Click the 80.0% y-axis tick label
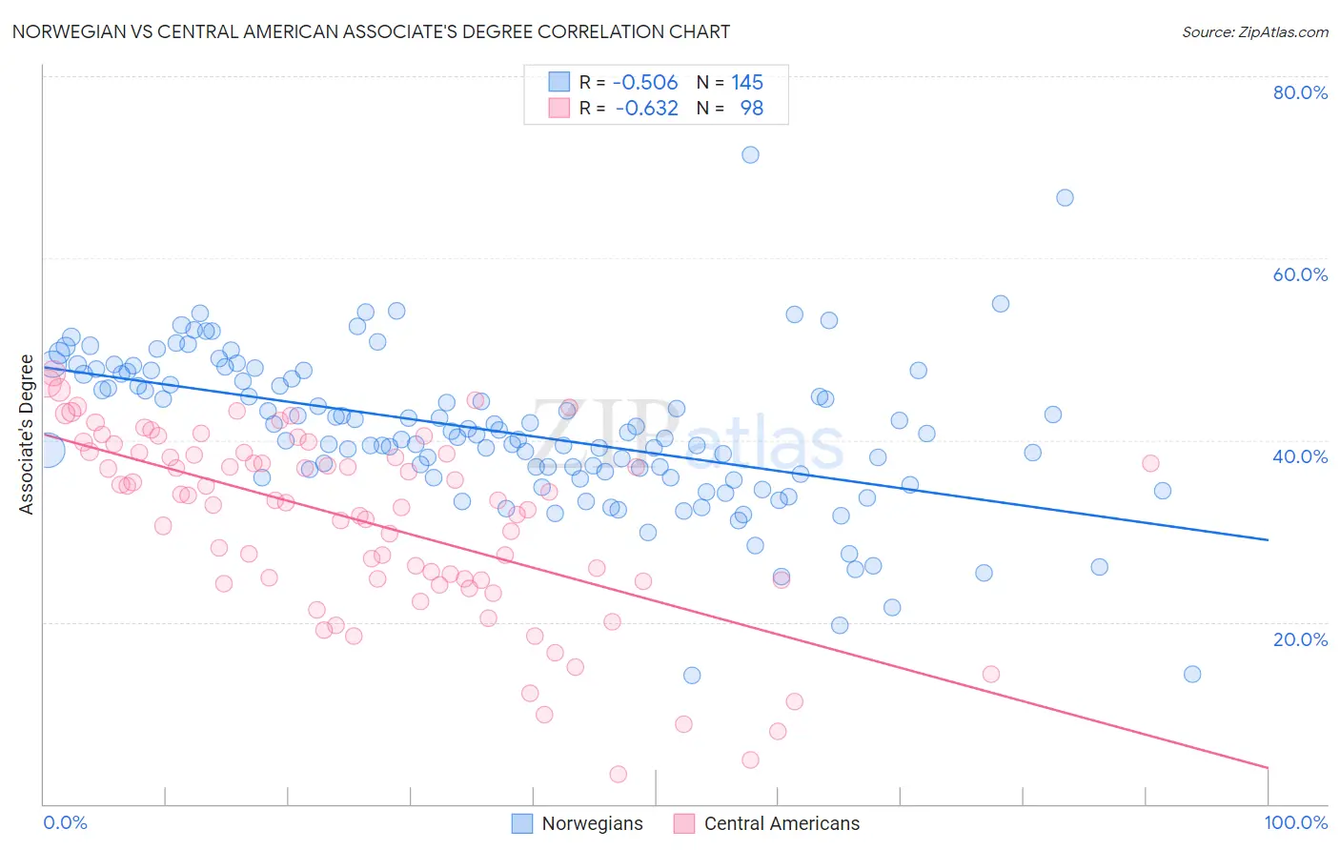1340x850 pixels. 1300,92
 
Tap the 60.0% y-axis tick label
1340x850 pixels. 1300,274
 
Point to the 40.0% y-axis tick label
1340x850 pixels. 1300,456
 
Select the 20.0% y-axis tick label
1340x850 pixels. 1300,638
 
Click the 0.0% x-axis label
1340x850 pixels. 65,822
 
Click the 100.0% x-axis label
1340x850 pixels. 1295,822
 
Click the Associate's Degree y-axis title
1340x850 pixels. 26,435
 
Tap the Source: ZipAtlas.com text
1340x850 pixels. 1254,31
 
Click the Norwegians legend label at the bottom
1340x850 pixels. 592,823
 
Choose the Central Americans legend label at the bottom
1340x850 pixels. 782,823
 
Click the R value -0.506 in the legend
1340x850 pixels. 645,83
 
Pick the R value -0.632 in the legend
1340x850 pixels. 647,109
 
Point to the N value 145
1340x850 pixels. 747,83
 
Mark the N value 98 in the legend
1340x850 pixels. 752,109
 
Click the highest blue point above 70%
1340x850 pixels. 750,154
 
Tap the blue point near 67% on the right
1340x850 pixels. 1065,197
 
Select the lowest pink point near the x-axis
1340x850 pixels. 618,774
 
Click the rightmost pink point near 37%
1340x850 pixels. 1150,463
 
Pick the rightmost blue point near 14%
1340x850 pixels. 1192,674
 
